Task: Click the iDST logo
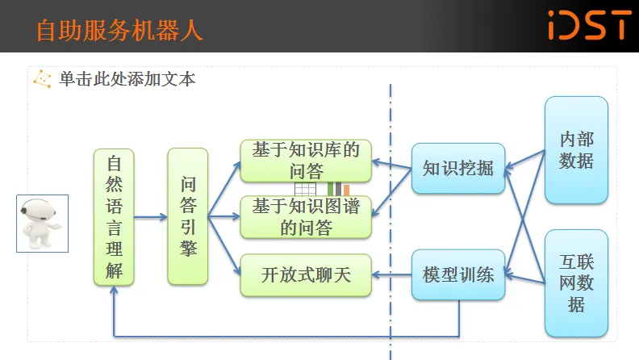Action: pyautogui.click(x=588, y=25)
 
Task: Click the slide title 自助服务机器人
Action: pyautogui.click(x=119, y=31)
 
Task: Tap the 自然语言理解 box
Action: pyautogui.click(x=114, y=216)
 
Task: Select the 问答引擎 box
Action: pyautogui.click(x=188, y=216)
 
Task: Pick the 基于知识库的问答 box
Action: pyautogui.click(x=306, y=160)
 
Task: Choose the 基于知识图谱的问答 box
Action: pyautogui.click(x=306, y=216)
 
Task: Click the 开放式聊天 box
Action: pyautogui.click(x=306, y=274)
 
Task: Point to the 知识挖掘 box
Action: pyautogui.click(x=457, y=169)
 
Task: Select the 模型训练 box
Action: pyautogui.click(x=457, y=274)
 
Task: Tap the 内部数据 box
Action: pyautogui.click(x=576, y=150)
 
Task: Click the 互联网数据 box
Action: pyautogui.click(x=576, y=283)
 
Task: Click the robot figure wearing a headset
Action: pyautogui.click(x=42, y=224)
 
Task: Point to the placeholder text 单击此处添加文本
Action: pyautogui.click(x=127, y=79)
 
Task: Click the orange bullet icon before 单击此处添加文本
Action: pyautogui.click(x=41, y=78)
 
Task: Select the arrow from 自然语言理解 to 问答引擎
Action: pyautogui.click(x=151, y=216)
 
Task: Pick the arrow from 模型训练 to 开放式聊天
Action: pyautogui.click(x=393, y=274)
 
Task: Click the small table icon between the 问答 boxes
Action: pyautogui.click(x=305, y=189)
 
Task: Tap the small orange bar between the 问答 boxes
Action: pyautogui.click(x=346, y=190)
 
